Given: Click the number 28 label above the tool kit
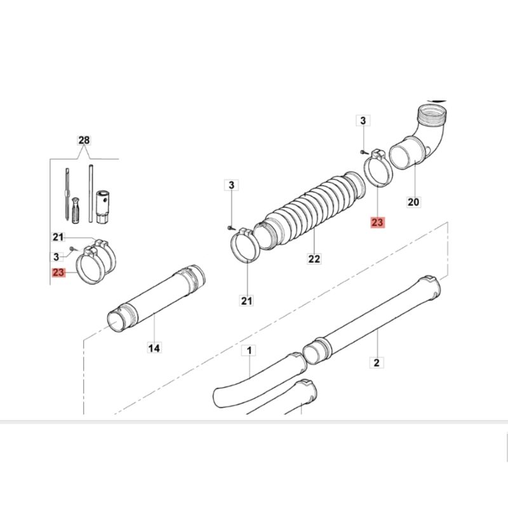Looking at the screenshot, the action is [84, 140].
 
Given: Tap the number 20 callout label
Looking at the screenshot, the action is [413, 202].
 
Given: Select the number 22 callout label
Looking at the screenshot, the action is [314, 259].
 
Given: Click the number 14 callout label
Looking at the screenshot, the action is [154, 348].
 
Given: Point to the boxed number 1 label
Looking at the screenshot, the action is [249, 351].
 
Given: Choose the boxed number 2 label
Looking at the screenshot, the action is [377, 363].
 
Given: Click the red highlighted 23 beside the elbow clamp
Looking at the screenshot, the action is [377, 223].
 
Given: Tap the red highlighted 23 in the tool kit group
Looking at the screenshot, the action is [58, 272].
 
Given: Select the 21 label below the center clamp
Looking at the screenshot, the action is [246, 300].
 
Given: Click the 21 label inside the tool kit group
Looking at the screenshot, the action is [58, 237].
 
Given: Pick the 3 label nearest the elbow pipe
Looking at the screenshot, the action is [363, 121].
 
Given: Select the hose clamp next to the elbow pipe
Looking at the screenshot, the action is [378, 168].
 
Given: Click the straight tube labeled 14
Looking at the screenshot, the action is [156, 298].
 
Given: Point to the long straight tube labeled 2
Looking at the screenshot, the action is [372, 321].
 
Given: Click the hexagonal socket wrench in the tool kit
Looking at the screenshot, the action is [102, 207].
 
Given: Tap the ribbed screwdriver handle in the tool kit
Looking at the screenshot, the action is [76, 210].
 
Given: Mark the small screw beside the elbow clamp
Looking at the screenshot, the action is [364, 152].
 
